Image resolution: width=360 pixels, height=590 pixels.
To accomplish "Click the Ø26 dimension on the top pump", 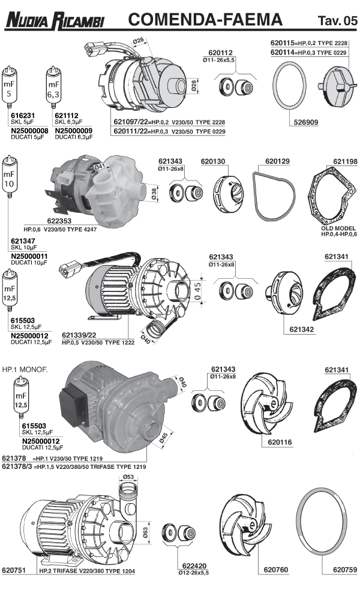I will point(139,40).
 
